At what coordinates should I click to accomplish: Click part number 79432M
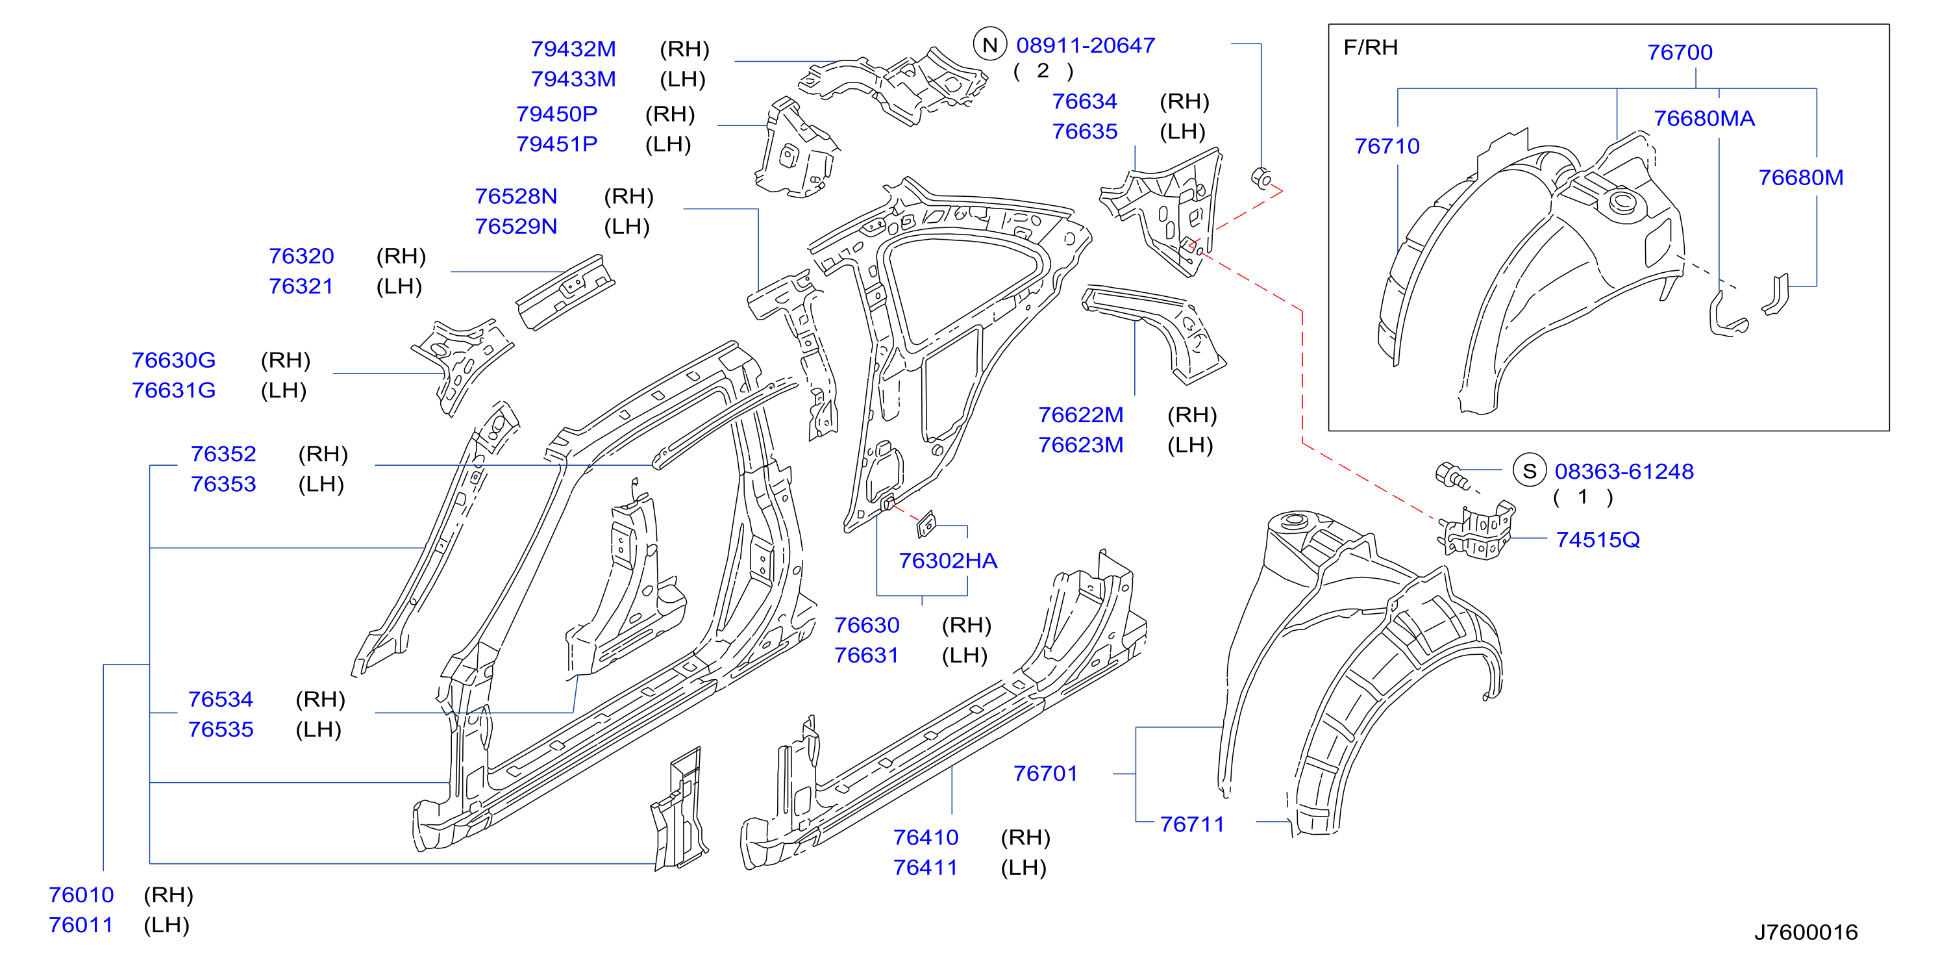pos(573,49)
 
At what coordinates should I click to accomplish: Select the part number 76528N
pos(516,196)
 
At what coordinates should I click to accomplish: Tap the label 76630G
pos(174,361)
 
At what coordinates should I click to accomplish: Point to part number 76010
pos(81,894)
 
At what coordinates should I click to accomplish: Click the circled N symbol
pos(990,45)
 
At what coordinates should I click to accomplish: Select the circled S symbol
pos(1530,471)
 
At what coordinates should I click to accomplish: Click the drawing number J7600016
pos(1806,932)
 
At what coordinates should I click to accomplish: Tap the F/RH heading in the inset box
pos(1371,47)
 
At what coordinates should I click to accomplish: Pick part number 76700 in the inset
pos(1680,52)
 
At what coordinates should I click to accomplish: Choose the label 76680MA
pos(1704,118)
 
